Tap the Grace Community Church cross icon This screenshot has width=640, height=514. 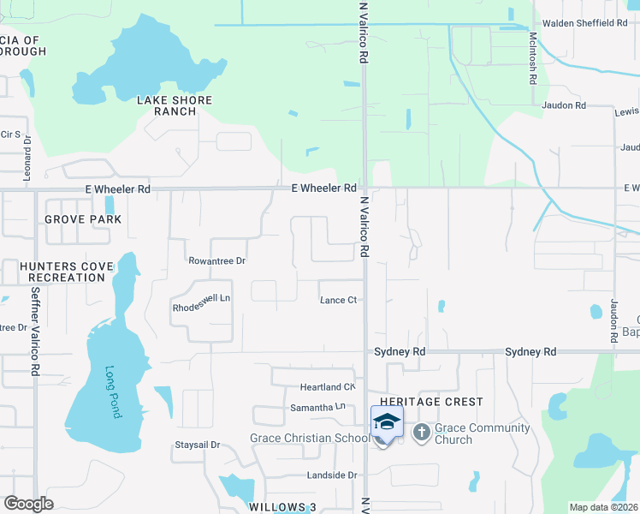tap(421, 432)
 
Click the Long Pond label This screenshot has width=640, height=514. tap(114, 392)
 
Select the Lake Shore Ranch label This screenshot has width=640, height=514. tap(175, 106)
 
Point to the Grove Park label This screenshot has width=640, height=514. tap(83, 219)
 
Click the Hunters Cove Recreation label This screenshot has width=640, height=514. tap(66, 272)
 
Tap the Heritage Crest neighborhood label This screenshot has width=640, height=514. tap(431, 402)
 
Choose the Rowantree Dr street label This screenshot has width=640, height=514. tap(216, 260)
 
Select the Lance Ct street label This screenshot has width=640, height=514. tap(338, 300)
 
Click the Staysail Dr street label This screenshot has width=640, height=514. tap(198, 445)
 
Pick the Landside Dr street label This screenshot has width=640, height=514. tap(331, 475)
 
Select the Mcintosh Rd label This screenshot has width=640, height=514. tap(532, 57)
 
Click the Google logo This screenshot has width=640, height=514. tap(28, 504)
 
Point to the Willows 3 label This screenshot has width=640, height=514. tap(282, 507)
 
